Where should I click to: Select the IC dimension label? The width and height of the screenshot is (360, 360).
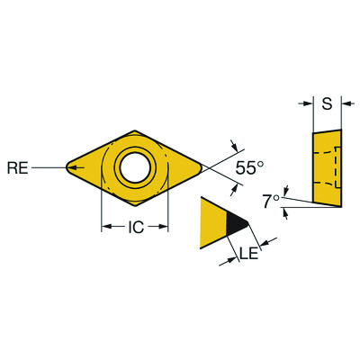134,228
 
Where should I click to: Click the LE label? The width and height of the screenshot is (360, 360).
249,256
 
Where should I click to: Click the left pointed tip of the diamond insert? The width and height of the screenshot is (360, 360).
67,166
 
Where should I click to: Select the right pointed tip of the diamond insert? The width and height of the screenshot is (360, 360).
203,166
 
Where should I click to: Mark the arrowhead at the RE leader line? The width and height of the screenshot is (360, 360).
70,166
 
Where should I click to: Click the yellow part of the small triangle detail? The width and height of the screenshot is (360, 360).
214,224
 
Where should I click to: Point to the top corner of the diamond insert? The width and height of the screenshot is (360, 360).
134,131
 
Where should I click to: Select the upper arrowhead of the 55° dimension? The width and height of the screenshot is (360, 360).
238,146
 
